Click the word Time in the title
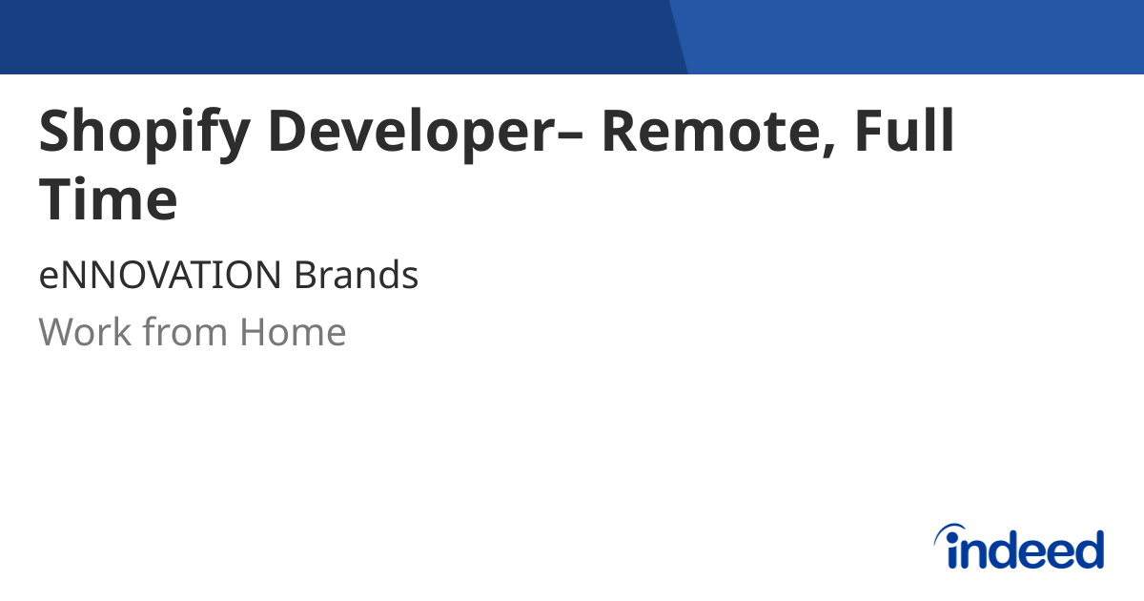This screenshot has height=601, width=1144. pyautogui.click(x=108, y=201)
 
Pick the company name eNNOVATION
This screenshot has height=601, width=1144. pyautogui.click(x=159, y=276)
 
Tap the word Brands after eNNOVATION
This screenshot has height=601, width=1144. pyautogui.click(x=356, y=276)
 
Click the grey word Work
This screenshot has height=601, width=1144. pyautogui.click(x=84, y=332)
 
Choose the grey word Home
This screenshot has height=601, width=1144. pyautogui.click(x=293, y=332)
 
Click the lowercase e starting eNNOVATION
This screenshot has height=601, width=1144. pyautogui.click(x=49, y=279)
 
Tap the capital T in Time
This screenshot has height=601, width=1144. pyautogui.click(x=57, y=200)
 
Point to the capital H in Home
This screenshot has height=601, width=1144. pyautogui.click(x=255, y=332)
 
